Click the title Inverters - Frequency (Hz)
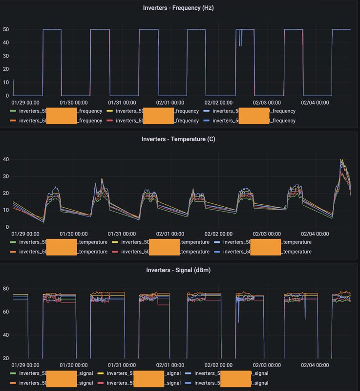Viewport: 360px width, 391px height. coord(178,8)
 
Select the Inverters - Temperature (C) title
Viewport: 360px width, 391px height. coord(178,139)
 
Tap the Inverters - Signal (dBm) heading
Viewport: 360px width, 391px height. coord(178,270)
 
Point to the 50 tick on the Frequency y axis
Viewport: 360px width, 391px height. coord(6,30)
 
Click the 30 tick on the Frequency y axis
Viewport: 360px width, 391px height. coord(6,56)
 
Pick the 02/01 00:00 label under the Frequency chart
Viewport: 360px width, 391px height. coord(170,103)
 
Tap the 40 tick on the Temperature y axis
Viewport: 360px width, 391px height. coord(6,159)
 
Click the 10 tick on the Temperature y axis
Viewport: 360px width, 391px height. coord(6,210)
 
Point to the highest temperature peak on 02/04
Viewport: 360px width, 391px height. coord(341,160)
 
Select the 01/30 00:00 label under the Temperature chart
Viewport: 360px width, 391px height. coord(74,234)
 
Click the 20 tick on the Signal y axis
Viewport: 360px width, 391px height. coord(6,358)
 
